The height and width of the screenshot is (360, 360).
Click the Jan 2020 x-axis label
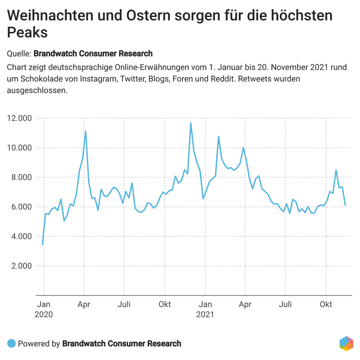tap(44, 309)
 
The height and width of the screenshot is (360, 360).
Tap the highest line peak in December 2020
tap(191, 123)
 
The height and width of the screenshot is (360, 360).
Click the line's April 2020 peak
tap(85, 131)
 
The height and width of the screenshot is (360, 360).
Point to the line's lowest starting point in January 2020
tap(43, 244)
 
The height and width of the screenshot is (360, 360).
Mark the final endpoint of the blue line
tap(345, 205)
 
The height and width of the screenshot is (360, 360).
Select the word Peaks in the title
tap(27, 33)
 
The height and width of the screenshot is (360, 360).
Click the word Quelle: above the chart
tap(19, 54)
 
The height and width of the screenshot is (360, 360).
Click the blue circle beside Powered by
tap(12, 343)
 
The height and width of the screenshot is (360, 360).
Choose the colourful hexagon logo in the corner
tap(346, 343)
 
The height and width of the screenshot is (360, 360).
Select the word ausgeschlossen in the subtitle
tap(37, 90)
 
